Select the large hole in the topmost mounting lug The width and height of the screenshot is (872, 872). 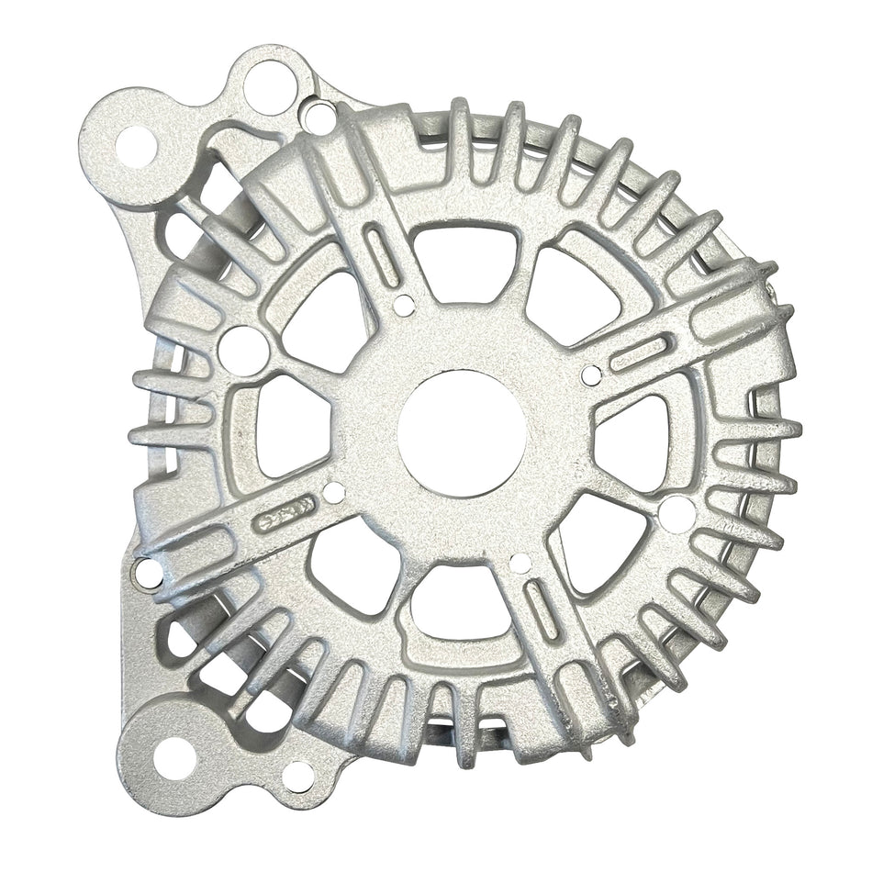click(270, 85)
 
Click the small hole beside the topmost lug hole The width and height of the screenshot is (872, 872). click(318, 117)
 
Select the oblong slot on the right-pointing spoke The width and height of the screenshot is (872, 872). click(641, 353)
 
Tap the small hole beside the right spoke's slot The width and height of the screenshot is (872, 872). click(592, 374)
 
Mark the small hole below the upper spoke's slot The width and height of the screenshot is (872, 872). click(400, 303)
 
